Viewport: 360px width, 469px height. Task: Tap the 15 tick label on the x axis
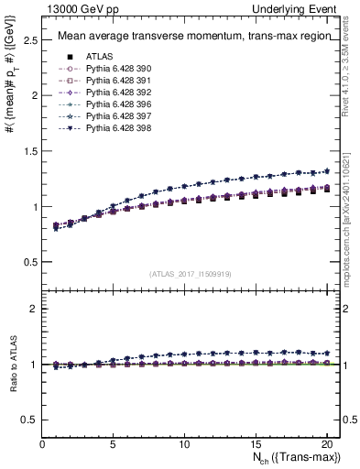pyautogui.click(x=255, y=442)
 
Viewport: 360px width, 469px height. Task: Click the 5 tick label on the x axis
pyautogui.click(x=114, y=442)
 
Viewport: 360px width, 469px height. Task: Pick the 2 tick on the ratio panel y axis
pyautogui.click(x=33, y=309)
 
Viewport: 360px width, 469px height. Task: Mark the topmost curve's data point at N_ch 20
pyautogui.click(x=325, y=170)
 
